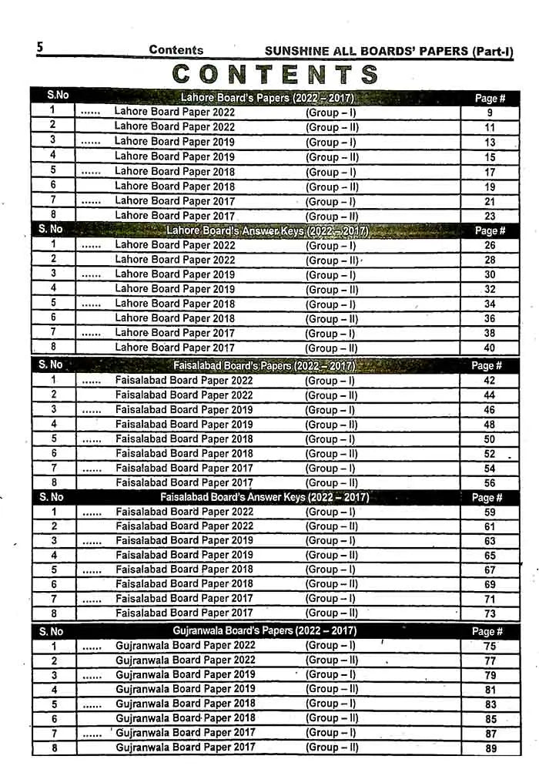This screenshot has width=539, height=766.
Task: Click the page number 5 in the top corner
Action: [x=40, y=48]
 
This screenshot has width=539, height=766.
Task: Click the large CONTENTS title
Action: [x=275, y=74]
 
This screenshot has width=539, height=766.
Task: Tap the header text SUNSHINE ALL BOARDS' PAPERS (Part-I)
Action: [x=388, y=51]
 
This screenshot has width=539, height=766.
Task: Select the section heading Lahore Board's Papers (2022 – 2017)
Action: [x=266, y=98]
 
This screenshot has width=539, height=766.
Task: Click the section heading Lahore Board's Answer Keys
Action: [x=267, y=230]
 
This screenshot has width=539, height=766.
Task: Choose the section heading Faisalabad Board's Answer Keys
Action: [x=264, y=498]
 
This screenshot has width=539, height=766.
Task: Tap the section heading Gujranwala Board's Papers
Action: [x=265, y=631]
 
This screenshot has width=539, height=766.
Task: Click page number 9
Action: [x=490, y=113]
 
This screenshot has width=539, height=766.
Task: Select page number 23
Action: [x=490, y=217]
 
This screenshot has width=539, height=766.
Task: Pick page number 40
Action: [x=490, y=348]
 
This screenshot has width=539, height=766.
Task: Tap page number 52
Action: [x=490, y=454]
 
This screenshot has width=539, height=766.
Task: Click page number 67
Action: [x=490, y=570]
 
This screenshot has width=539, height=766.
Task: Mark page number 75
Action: [x=490, y=647]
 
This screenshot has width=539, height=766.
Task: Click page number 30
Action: [x=490, y=275]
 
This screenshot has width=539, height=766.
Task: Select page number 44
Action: [x=490, y=395]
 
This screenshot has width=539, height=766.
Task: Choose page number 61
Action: [x=490, y=526]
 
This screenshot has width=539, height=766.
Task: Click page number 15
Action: [x=490, y=157]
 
